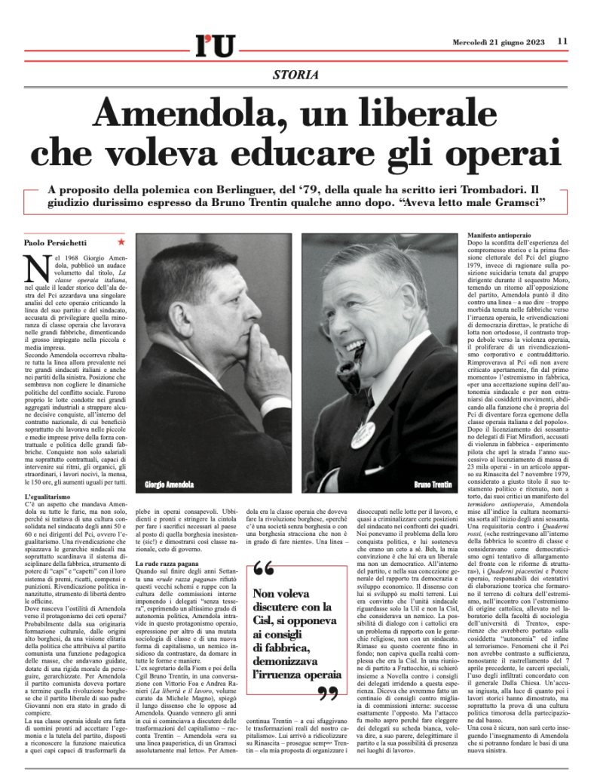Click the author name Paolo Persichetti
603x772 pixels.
pyautogui.click(x=56, y=242)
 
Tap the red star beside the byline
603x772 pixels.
pyautogui.click(x=121, y=242)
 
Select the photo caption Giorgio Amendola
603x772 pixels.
pyautogui.click(x=167, y=481)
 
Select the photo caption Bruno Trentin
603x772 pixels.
pyautogui.click(x=432, y=483)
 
